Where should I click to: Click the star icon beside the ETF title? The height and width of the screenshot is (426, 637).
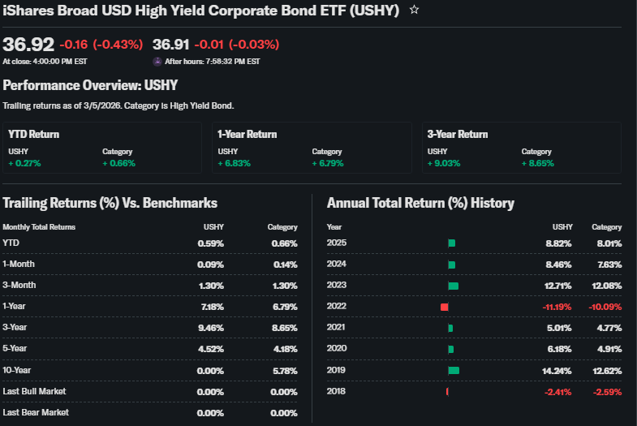coord(414,10)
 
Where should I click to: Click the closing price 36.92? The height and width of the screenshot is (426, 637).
coord(28,44)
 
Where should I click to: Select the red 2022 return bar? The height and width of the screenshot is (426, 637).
coord(445,307)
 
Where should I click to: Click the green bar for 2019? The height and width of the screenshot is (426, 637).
coord(454,370)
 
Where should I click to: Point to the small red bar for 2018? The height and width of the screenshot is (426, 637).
coord(447,391)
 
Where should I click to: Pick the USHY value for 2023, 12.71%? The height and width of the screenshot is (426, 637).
coord(557,286)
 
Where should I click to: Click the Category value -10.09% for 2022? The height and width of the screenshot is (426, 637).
coord(605,307)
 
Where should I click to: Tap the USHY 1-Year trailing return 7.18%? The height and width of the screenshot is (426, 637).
coord(210,307)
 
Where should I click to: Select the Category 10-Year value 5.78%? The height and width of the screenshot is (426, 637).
coord(282,370)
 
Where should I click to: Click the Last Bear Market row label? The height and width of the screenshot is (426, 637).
coord(35,412)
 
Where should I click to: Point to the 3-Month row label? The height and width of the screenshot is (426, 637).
coord(19,286)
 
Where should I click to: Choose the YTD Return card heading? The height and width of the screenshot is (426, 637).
coord(34,135)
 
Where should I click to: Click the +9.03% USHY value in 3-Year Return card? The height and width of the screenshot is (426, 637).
coord(444,163)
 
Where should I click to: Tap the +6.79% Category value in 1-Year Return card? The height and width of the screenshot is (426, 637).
coord(328,163)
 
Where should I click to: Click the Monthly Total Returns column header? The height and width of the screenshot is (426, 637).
coord(39,227)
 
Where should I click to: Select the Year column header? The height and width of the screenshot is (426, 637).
coord(334,227)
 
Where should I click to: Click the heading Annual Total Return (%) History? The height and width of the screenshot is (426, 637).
coord(420,203)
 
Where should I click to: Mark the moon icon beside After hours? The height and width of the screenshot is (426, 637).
coord(157,61)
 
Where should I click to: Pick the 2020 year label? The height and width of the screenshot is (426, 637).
coord(337,349)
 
